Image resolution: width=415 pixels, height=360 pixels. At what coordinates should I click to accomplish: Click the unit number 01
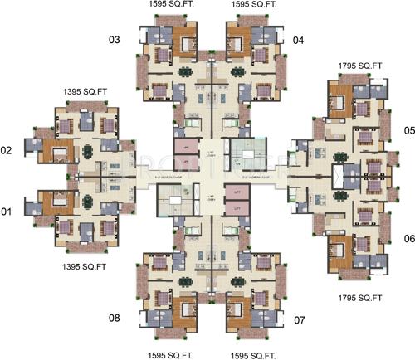pos(7,212)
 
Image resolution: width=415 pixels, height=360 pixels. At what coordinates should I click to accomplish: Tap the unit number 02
pos(7,151)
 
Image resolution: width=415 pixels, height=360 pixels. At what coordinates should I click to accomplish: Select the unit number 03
pos(115,40)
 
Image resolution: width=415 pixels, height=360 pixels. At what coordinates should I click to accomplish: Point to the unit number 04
pos(298,40)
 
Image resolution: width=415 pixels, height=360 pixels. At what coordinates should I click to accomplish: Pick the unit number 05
pos(408,130)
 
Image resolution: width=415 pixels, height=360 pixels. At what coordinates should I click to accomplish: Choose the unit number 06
pos(408,238)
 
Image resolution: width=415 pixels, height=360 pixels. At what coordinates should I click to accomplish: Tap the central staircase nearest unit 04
pos(247,154)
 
